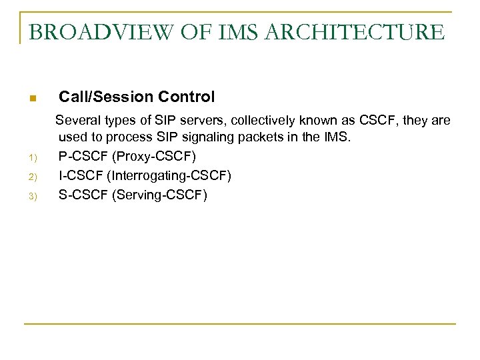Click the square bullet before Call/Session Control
(32, 99)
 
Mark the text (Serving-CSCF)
(160, 195)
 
